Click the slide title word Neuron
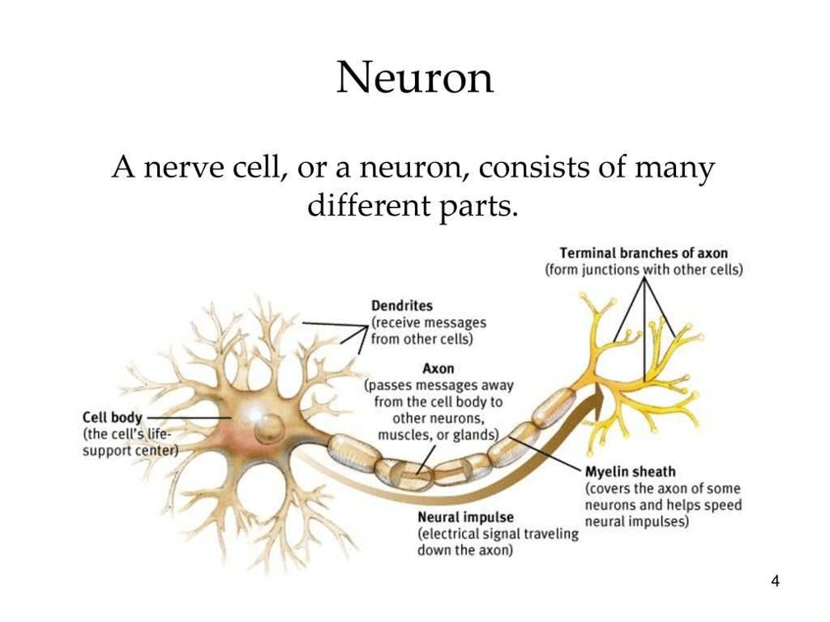[x=415, y=78]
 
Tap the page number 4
[x=776, y=581]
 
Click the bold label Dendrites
[x=402, y=306]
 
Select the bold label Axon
[x=438, y=369]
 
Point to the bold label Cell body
[x=112, y=418]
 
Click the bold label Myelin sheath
[x=630, y=471]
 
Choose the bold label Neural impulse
[x=465, y=517]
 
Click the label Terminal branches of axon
[x=644, y=253]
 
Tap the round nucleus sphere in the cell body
[x=269, y=429]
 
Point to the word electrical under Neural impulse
[x=448, y=534]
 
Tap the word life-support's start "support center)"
[x=130, y=451]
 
